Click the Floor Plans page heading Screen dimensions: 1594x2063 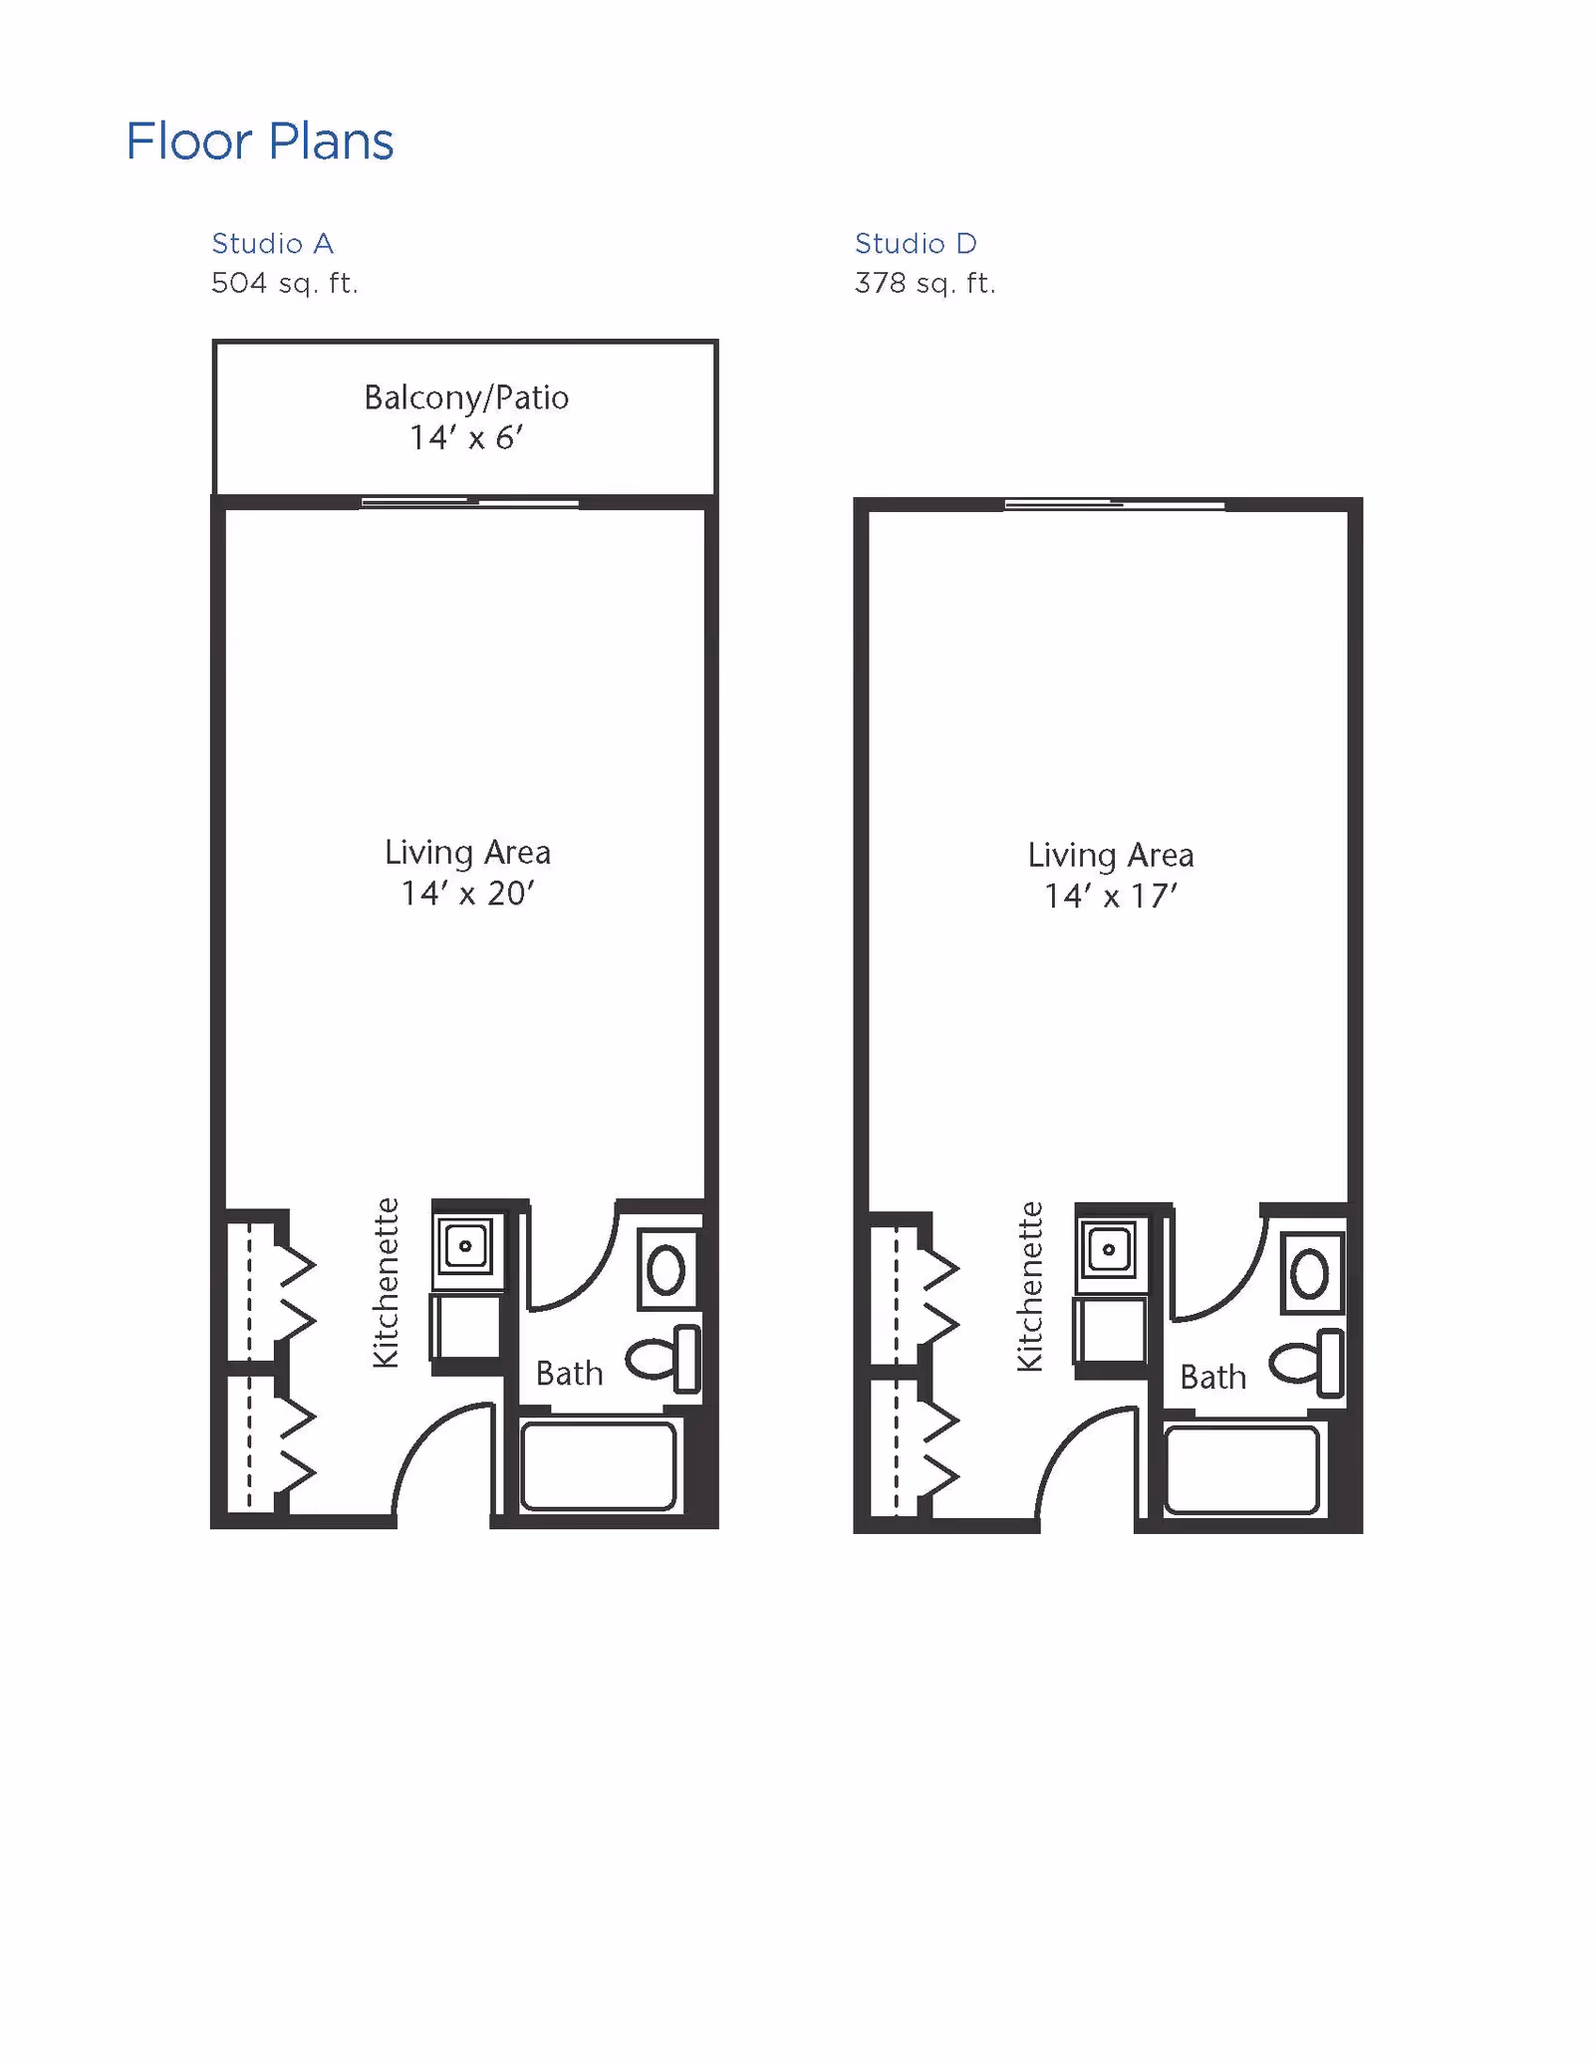[260, 141]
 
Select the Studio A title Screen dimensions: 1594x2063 [272, 243]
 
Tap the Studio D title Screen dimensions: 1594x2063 [916, 243]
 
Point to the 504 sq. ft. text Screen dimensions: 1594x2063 [284, 283]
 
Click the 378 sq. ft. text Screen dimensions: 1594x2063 [925, 283]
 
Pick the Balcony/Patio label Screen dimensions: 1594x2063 [466, 397]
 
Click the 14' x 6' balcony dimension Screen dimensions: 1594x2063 [466, 437]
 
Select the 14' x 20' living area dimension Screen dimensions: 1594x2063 [467, 893]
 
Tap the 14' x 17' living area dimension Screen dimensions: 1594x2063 [1111, 896]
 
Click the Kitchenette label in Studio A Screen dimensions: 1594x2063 [386, 1282]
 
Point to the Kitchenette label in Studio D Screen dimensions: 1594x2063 [1030, 1286]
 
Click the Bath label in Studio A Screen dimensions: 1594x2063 [569, 1373]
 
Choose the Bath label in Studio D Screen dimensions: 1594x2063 [1212, 1377]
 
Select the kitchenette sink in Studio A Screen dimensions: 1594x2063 [465, 1246]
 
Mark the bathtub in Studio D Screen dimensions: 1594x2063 [1241, 1470]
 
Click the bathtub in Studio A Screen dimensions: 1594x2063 [598, 1466]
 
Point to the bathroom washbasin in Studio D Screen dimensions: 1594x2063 [1311, 1273]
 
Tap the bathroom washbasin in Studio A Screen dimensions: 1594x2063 [666, 1270]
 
